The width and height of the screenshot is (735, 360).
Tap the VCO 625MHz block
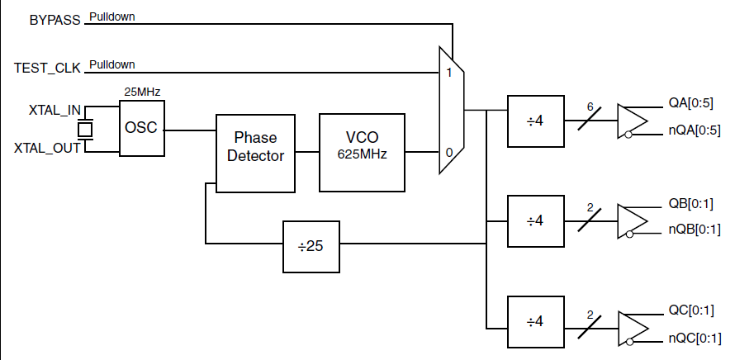click(362, 146)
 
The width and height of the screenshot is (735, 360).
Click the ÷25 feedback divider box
click(311, 246)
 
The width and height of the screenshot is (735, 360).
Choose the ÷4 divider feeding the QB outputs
click(534, 221)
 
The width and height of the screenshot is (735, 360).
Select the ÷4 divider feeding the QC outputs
click(534, 320)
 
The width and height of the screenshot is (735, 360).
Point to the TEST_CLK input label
click(47, 69)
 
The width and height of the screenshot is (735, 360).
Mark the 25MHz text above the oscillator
click(141, 89)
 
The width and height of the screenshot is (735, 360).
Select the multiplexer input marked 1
click(448, 73)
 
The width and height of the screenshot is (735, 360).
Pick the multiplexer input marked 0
click(448, 153)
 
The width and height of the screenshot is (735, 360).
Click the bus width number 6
click(590, 107)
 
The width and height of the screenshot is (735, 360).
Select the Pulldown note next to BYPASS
click(112, 17)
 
